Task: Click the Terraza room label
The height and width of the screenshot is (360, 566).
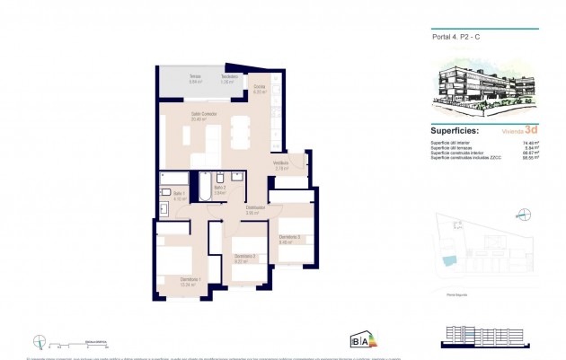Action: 194,77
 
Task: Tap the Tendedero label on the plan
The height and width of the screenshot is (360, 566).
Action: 230,77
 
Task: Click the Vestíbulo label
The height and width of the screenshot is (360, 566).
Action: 280,163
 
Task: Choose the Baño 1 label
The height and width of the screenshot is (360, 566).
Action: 178,194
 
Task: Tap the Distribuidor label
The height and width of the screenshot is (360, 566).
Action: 254,208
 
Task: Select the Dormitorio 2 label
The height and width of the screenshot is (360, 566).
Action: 246,258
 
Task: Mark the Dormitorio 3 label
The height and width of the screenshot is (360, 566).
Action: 287,238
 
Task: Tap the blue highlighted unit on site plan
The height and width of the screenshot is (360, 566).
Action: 449,260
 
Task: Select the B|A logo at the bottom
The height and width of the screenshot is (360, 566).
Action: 358,341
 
